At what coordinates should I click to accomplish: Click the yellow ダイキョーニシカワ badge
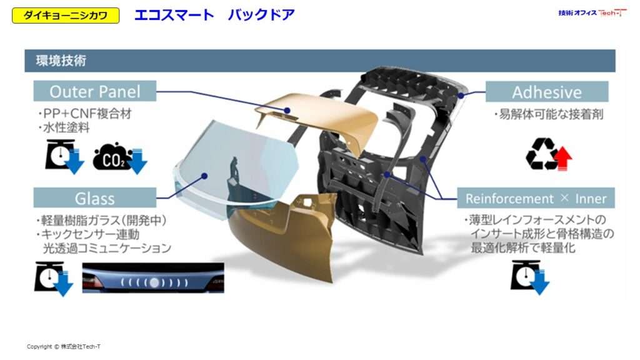pos(66,16)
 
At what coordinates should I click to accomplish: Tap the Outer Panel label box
pos(95,91)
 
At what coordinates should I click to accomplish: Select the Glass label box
pos(95,198)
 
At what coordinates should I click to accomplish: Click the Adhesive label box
pos(546,92)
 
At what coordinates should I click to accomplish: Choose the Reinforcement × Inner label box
pos(536,198)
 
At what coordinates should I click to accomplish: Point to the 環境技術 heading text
pos(61,61)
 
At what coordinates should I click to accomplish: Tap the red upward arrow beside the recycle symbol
pos(563,159)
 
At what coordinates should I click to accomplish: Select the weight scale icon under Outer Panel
pos(61,155)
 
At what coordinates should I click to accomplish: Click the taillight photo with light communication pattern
pos(153,277)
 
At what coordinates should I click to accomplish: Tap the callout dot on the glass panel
pos(204,176)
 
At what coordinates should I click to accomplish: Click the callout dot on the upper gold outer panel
pos(287,110)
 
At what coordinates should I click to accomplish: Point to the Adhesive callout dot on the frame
pos(461,96)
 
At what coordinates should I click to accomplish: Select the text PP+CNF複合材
pos(86,114)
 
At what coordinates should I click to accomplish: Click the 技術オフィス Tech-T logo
pos(592,13)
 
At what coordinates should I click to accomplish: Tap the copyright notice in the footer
pos(64,346)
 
